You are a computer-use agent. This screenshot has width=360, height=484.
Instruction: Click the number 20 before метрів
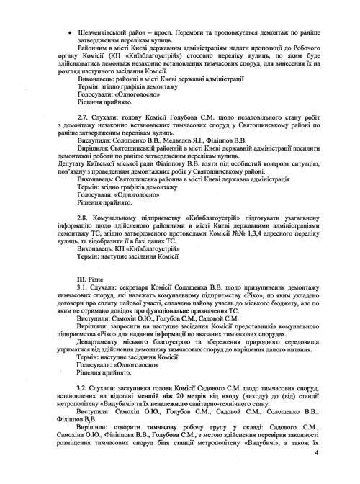point(189,436)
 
